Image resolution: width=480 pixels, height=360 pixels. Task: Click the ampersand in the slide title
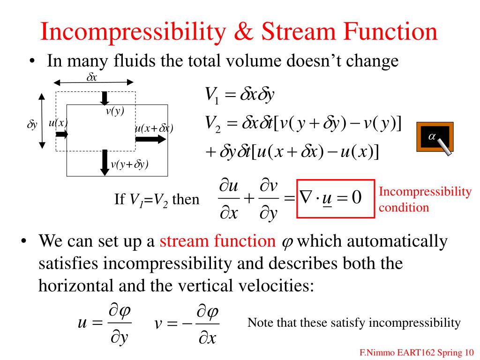pos(244,31)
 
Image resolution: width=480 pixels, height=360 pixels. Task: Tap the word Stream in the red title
pos(298,31)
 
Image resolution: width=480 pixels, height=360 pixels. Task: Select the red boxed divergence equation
pos(336,198)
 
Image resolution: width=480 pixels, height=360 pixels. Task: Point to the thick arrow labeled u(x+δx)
pos(150,139)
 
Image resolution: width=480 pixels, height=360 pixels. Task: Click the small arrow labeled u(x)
pos(62,134)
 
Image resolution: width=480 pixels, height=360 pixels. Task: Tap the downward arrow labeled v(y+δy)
pos(105,163)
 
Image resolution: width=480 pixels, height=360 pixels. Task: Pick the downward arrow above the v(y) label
pos(105,98)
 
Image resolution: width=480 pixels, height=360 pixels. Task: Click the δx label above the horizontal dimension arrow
pos(91,77)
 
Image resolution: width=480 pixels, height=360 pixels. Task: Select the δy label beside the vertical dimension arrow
pos(32,125)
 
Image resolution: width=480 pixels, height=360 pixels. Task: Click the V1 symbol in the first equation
pos(212,94)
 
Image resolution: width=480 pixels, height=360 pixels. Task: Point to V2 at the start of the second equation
pos(213,124)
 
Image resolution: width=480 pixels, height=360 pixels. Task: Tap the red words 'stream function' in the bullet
pos(217,241)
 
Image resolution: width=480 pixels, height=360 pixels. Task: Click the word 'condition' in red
pos(404,208)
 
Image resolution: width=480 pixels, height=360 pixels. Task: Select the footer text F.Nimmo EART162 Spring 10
pos(416,352)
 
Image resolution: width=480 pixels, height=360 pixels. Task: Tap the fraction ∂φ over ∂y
pos(120,323)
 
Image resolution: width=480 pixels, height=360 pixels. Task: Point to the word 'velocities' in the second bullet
pos(276,285)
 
